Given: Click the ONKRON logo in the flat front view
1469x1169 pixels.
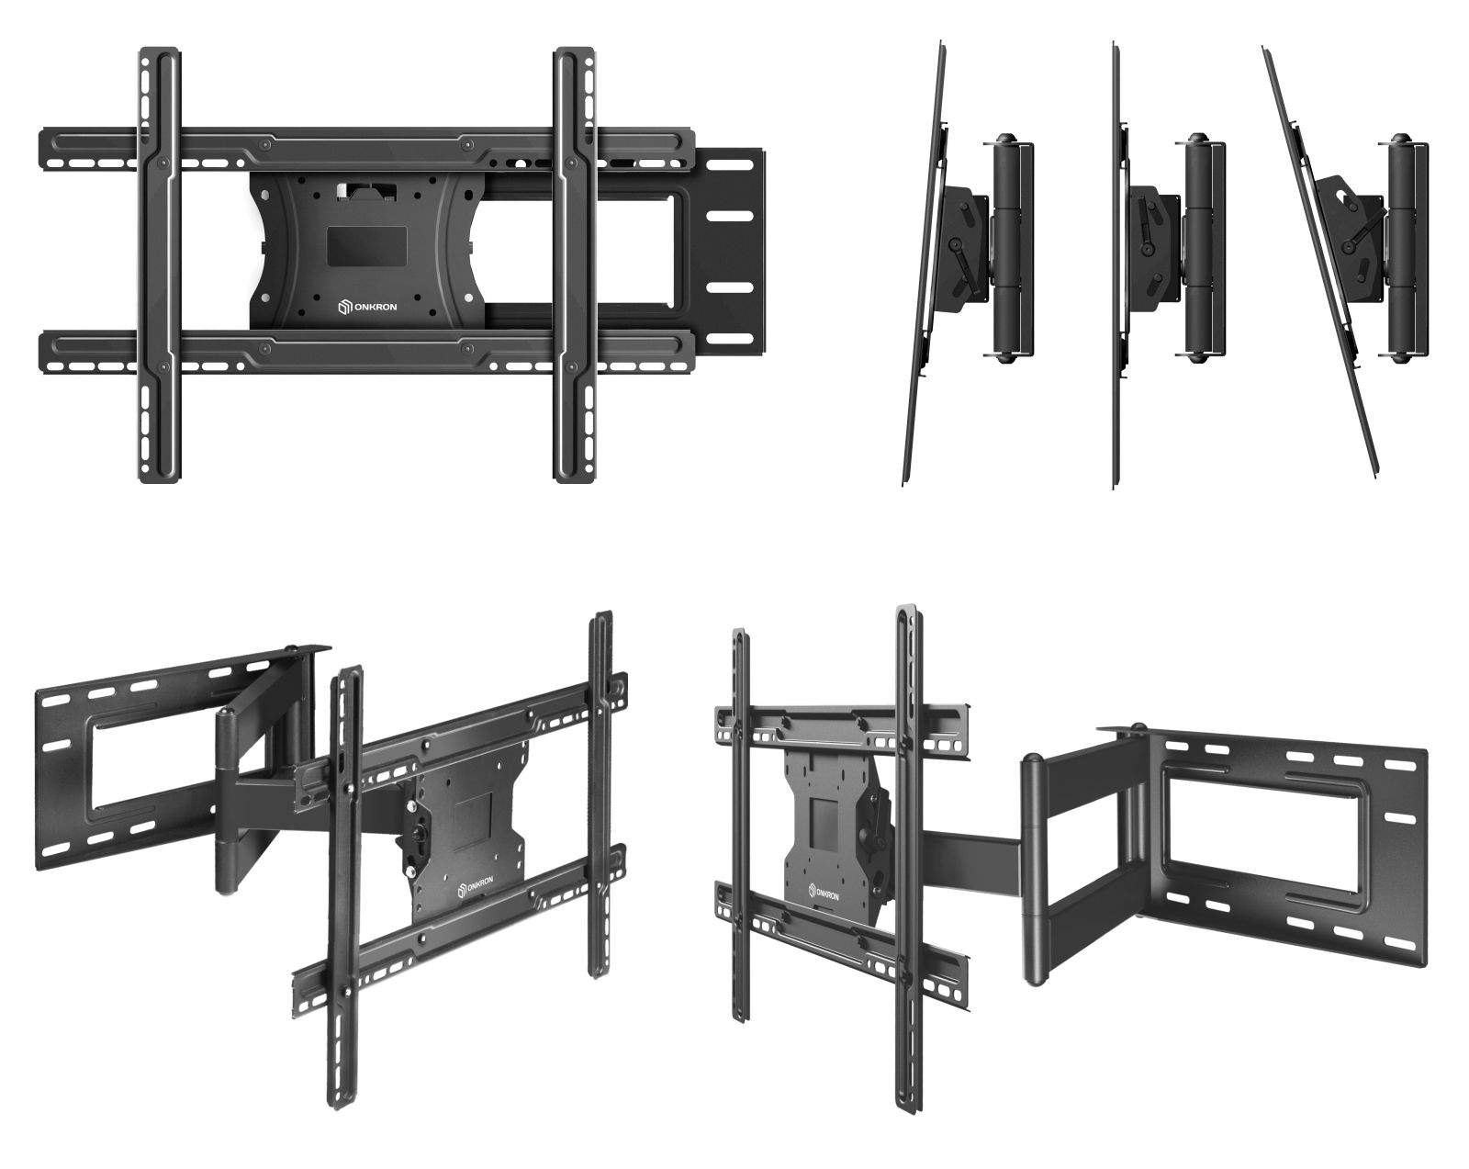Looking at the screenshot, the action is pyautogui.click(x=367, y=308).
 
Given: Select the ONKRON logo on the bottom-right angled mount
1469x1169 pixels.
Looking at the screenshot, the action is pyautogui.click(x=824, y=893).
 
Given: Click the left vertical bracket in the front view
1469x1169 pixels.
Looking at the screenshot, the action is pyautogui.click(x=161, y=265).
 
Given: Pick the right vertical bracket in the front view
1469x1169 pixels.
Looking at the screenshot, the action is pyautogui.click(x=575, y=265).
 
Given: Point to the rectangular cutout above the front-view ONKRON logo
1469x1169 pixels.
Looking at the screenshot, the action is pyautogui.click(x=367, y=246).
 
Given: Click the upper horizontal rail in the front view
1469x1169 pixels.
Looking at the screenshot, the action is pyautogui.click(x=367, y=148).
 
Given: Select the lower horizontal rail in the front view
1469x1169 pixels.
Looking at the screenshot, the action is pyautogui.click(x=367, y=352).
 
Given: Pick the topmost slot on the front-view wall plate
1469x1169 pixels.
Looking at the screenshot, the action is pyautogui.click(x=729, y=165).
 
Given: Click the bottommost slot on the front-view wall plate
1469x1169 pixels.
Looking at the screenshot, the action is pyautogui.click(x=729, y=337).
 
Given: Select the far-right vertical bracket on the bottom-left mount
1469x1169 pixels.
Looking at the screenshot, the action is pyautogui.click(x=600, y=795).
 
